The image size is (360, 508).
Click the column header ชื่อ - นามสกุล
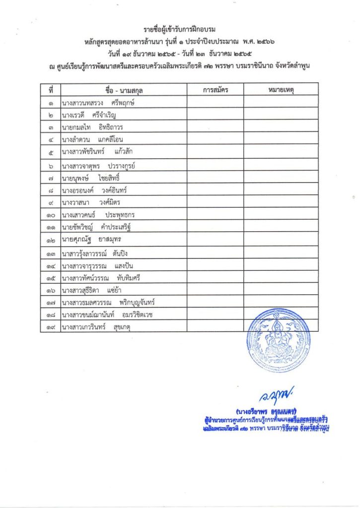(124, 90)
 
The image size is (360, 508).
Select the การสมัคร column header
(215, 90)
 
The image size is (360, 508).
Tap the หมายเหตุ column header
(281, 90)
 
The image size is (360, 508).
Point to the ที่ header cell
(51, 90)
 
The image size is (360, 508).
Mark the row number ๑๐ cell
(51, 215)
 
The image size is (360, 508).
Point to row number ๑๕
(51, 278)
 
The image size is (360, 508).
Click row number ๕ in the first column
(51, 151)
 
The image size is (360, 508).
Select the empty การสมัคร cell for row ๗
(215, 177)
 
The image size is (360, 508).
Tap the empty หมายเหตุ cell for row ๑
(281, 103)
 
